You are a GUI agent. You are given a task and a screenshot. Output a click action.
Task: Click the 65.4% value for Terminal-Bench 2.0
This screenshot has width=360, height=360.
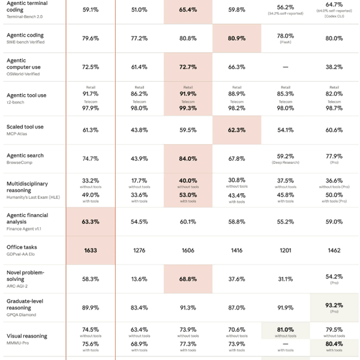(x=188, y=10)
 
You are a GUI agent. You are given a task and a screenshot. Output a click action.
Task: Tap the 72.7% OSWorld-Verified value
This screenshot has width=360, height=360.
(x=188, y=67)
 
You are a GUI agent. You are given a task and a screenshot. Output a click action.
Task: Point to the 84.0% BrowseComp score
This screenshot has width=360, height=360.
(x=188, y=159)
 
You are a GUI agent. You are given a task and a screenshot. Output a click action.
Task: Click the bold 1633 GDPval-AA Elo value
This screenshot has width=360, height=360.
(x=91, y=250)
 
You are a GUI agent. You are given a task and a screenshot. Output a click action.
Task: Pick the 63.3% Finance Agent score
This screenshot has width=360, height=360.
(x=91, y=221)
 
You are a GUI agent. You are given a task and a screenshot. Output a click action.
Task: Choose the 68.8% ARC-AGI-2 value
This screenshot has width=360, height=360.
(x=188, y=279)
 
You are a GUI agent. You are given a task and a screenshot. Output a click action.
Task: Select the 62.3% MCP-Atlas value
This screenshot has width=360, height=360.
(x=236, y=130)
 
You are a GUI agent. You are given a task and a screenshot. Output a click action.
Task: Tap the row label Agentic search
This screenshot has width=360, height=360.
(x=25, y=155)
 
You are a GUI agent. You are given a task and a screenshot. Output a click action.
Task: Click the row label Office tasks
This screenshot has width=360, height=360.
(x=22, y=247)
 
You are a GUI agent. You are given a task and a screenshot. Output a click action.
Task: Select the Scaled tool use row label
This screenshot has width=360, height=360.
(x=25, y=127)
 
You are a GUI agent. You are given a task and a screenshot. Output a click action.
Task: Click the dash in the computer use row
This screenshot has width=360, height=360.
(x=285, y=67)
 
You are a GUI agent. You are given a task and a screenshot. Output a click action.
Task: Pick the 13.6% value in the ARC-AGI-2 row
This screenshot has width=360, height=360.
(x=139, y=279)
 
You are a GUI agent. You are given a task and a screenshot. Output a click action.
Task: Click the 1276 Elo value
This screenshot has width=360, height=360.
(x=139, y=250)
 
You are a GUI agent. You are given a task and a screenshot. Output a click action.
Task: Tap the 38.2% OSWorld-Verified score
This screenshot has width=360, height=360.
(x=334, y=67)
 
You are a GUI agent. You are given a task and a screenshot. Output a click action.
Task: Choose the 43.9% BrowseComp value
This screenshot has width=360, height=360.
(x=139, y=159)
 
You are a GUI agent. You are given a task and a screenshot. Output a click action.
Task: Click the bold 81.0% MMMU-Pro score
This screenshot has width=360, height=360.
(x=285, y=329)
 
